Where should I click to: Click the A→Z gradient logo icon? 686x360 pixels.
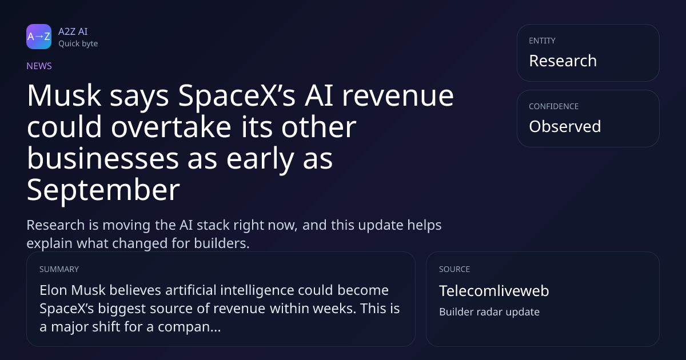tap(39, 37)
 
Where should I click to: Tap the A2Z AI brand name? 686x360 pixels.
tap(73, 31)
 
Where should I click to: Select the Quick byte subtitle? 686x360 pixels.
tap(78, 44)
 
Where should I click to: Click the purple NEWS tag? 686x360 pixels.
tap(39, 66)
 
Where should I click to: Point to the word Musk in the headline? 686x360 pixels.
tap(64, 96)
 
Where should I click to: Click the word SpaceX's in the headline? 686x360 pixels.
tap(237, 97)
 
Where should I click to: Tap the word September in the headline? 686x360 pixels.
tap(103, 191)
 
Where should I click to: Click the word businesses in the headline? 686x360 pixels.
tap(103, 159)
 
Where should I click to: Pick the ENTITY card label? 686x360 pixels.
tap(542, 41)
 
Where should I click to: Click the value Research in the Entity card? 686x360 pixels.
tap(563, 61)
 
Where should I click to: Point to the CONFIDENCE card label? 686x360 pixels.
tap(554, 106)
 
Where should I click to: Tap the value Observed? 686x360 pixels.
tap(565, 126)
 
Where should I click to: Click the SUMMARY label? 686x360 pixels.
tap(59, 269)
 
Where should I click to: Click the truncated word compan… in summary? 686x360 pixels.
tap(189, 327)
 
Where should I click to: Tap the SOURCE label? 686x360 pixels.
tap(454, 269)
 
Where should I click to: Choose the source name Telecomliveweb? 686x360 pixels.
tap(494, 290)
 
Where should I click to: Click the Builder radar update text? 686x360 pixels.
tap(489, 312)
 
